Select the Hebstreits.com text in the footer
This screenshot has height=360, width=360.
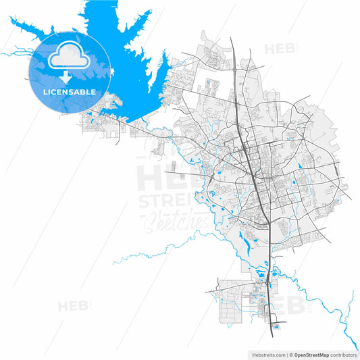[266, 354]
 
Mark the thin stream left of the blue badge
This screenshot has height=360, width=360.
[14, 53]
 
